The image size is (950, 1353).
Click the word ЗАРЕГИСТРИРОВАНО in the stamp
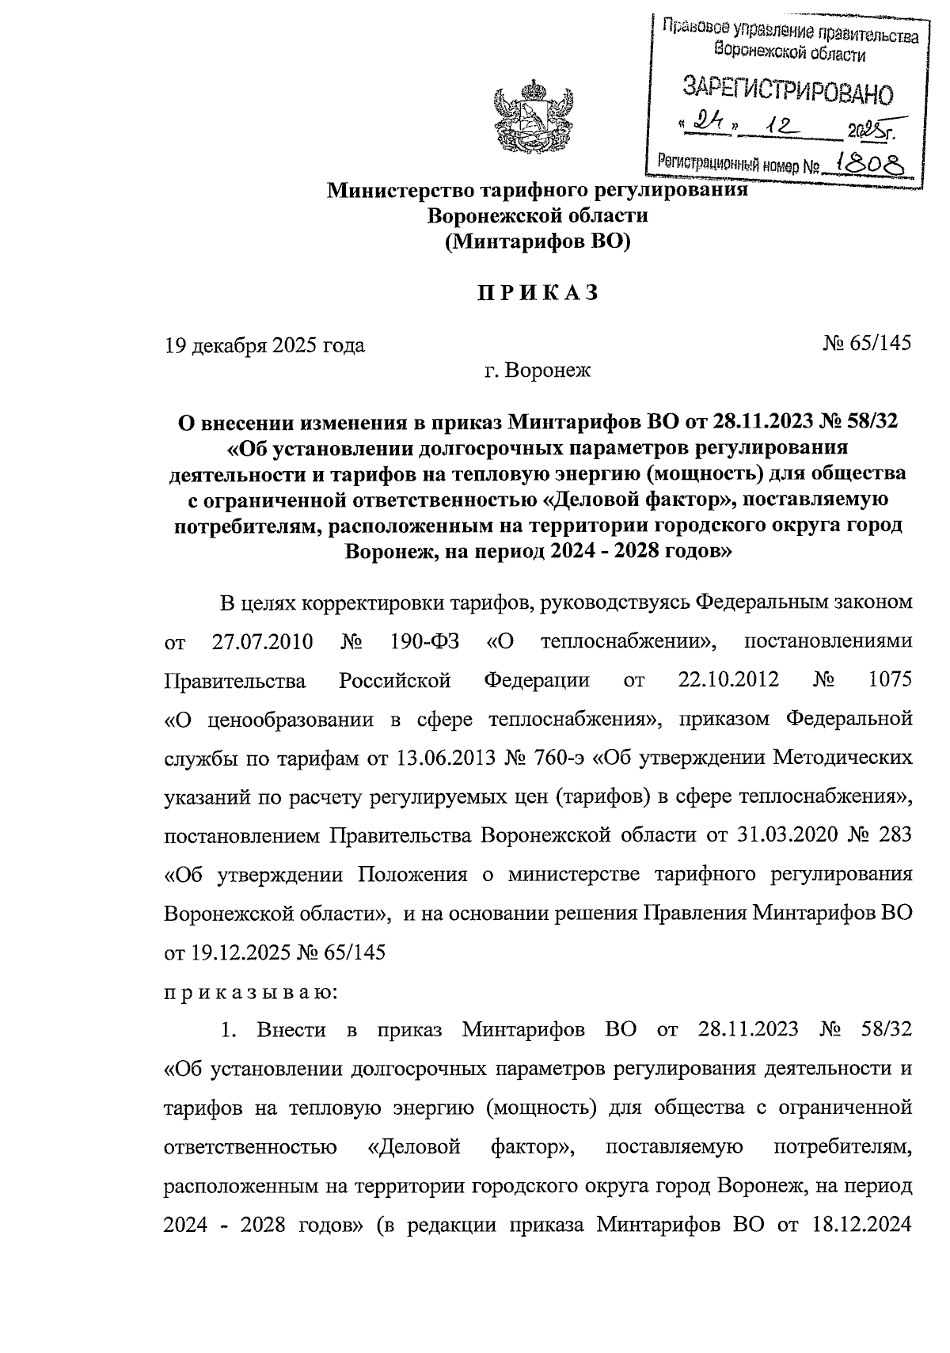point(787,89)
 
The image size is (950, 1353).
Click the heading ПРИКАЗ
point(536,294)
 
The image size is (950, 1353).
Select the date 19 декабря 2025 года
point(264,345)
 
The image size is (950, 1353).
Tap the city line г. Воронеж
point(538,370)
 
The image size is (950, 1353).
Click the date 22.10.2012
point(728,679)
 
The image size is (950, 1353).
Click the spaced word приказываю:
point(250,991)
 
